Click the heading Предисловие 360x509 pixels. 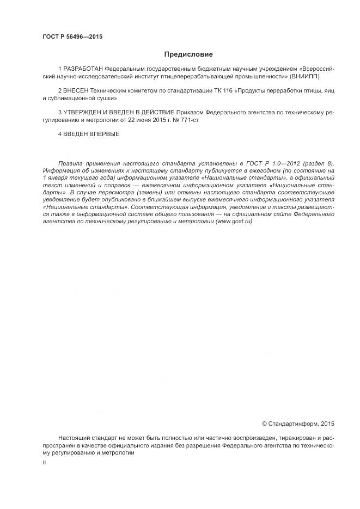coord(188,54)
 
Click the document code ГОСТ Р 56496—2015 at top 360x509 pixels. coord(72,37)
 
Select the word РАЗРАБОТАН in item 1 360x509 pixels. coord(81,71)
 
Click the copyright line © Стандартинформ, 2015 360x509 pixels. coord(298,424)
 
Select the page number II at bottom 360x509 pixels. coord(44,462)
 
